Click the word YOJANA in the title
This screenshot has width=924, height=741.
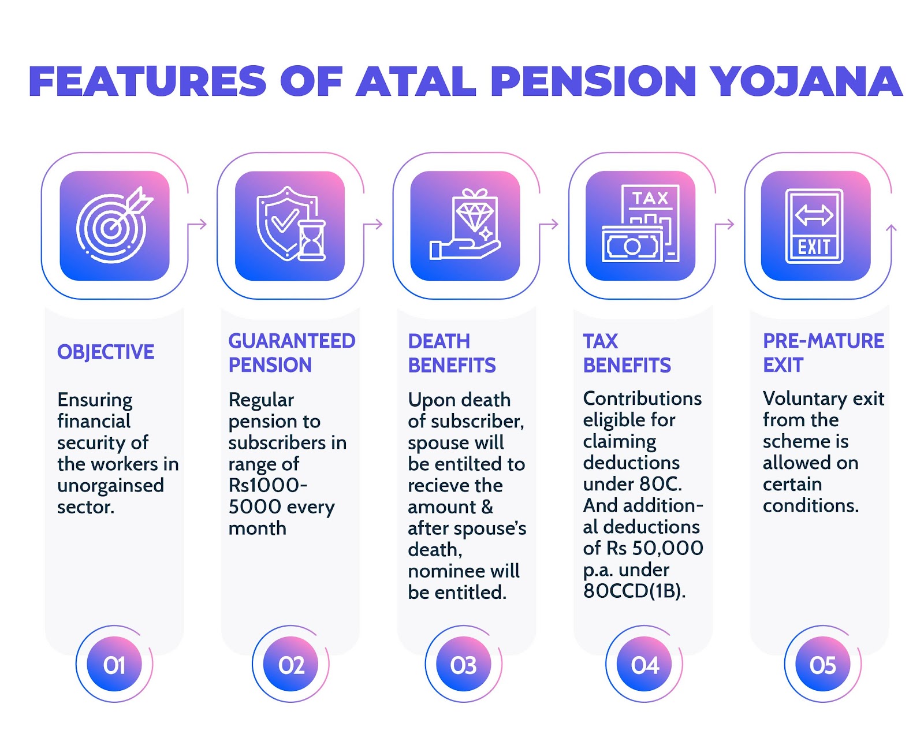click(806, 81)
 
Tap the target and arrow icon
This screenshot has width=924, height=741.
click(114, 226)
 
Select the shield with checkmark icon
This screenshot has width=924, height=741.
click(290, 226)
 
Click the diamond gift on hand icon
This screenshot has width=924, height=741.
click(465, 226)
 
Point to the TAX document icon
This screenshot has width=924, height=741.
click(640, 226)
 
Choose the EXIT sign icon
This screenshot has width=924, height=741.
click(815, 226)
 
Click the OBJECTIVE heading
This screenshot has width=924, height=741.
click(106, 352)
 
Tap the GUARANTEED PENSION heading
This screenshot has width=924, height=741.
click(292, 353)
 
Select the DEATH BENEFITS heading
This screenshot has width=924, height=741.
click(452, 353)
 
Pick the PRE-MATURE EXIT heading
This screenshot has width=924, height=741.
click(823, 353)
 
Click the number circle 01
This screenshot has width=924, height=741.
click(114, 665)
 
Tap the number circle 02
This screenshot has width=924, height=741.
click(291, 665)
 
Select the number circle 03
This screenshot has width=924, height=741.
click(464, 665)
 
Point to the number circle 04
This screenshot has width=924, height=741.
click(644, 665)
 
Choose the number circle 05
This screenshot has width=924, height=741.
click(822, 665)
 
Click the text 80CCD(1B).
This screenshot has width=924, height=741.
click(634, 591)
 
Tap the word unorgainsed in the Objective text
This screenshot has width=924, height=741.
click(110, 486)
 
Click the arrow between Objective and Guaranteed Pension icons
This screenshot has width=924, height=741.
click(198, 224)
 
